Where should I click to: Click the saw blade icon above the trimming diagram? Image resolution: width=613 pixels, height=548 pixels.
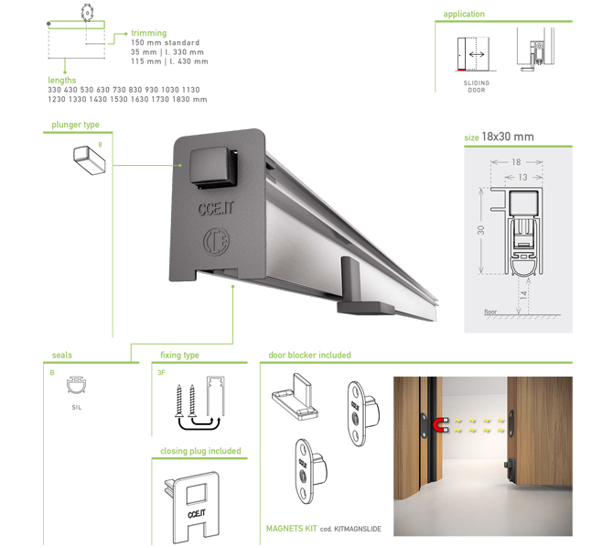[87, 12]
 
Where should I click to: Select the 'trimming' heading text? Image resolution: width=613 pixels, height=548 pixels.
[148, 33]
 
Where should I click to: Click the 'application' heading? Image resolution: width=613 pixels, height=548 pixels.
[464, 14]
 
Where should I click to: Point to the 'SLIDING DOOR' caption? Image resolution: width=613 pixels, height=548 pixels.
[476, 86]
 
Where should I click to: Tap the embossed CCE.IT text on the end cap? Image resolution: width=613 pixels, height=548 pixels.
[215, 208]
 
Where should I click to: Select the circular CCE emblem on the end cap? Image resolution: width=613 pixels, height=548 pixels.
[216, 242]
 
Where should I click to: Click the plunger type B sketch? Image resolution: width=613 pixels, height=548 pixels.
[89, 159]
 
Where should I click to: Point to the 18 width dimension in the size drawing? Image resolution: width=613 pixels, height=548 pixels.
[516, 162]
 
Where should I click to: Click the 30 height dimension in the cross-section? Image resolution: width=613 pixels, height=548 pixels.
[481, 230]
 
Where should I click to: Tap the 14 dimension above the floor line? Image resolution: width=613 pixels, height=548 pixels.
[524, 295]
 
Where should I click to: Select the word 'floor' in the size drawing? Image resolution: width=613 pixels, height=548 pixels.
[490, 312]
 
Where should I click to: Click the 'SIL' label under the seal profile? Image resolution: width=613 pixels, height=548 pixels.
[77, 408]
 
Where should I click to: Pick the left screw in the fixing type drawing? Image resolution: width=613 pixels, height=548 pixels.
[179, 400]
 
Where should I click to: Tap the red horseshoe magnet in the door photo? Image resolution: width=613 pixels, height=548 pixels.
[440, 425]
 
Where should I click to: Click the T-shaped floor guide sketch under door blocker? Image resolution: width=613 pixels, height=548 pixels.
[295, 396]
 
